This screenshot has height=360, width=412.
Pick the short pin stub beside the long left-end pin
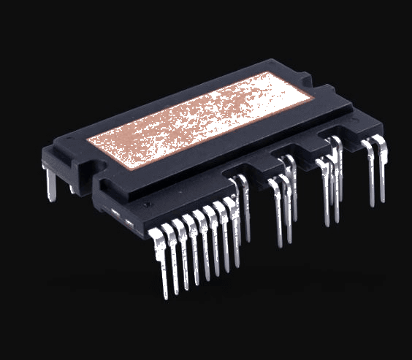72,187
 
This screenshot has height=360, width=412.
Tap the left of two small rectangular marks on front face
115,212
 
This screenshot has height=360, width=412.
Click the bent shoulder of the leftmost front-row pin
156,235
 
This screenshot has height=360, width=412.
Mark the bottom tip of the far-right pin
383,202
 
